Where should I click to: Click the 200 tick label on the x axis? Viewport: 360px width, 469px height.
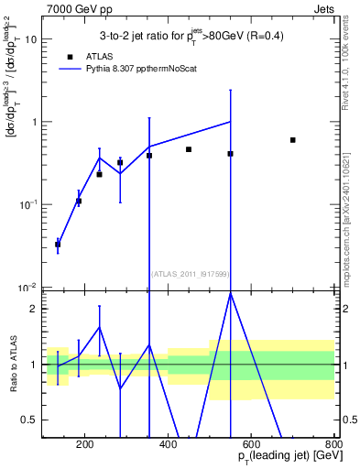(85, 446)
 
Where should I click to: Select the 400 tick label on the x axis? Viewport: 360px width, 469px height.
(168, 446)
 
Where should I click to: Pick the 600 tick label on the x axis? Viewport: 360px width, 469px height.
(251, 446)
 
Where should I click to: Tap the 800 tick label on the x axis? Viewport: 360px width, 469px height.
(333, 446)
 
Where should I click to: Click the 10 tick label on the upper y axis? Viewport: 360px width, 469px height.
(30, 39)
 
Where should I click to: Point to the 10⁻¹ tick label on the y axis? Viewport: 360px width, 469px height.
(27, 203)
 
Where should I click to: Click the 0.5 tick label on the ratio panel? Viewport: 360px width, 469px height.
(30, 420)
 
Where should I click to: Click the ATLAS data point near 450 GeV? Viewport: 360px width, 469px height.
(189, 149)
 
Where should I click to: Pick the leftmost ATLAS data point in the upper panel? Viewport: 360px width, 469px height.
(58, 245)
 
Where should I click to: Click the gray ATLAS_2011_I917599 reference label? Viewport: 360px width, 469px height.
(189, 273)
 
